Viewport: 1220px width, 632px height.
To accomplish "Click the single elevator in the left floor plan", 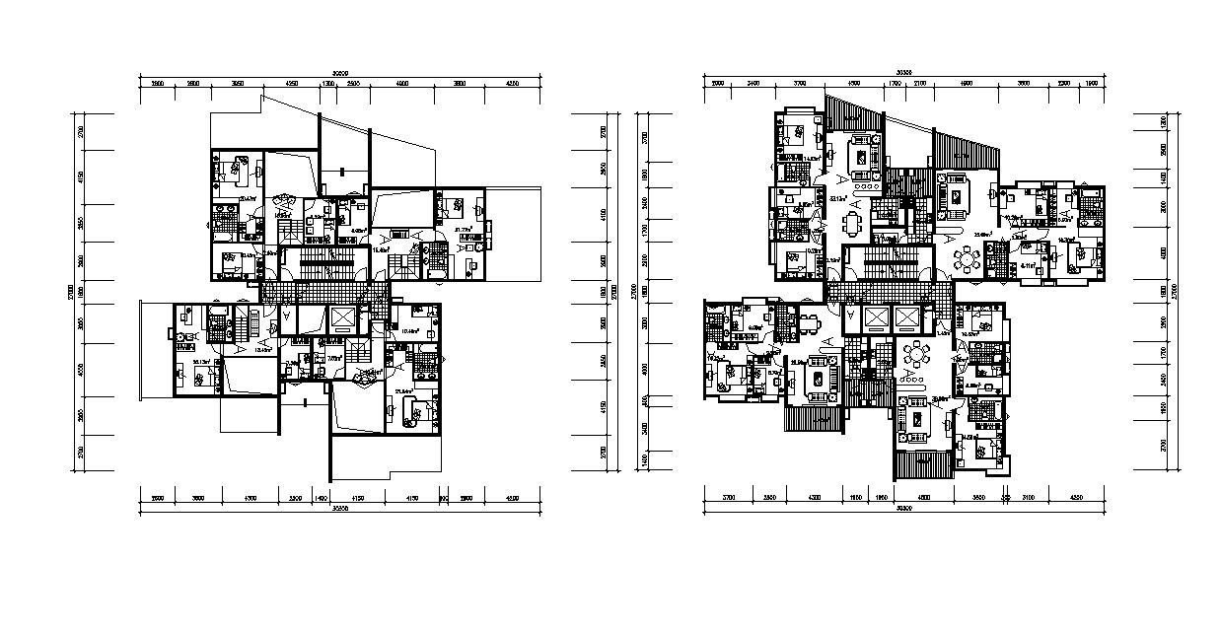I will [342, 319].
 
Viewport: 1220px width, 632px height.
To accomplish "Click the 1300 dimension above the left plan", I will [327, 85].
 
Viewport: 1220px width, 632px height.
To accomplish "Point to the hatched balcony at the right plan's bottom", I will [923, 461].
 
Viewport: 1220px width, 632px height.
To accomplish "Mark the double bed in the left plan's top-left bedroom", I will [238, 170].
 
